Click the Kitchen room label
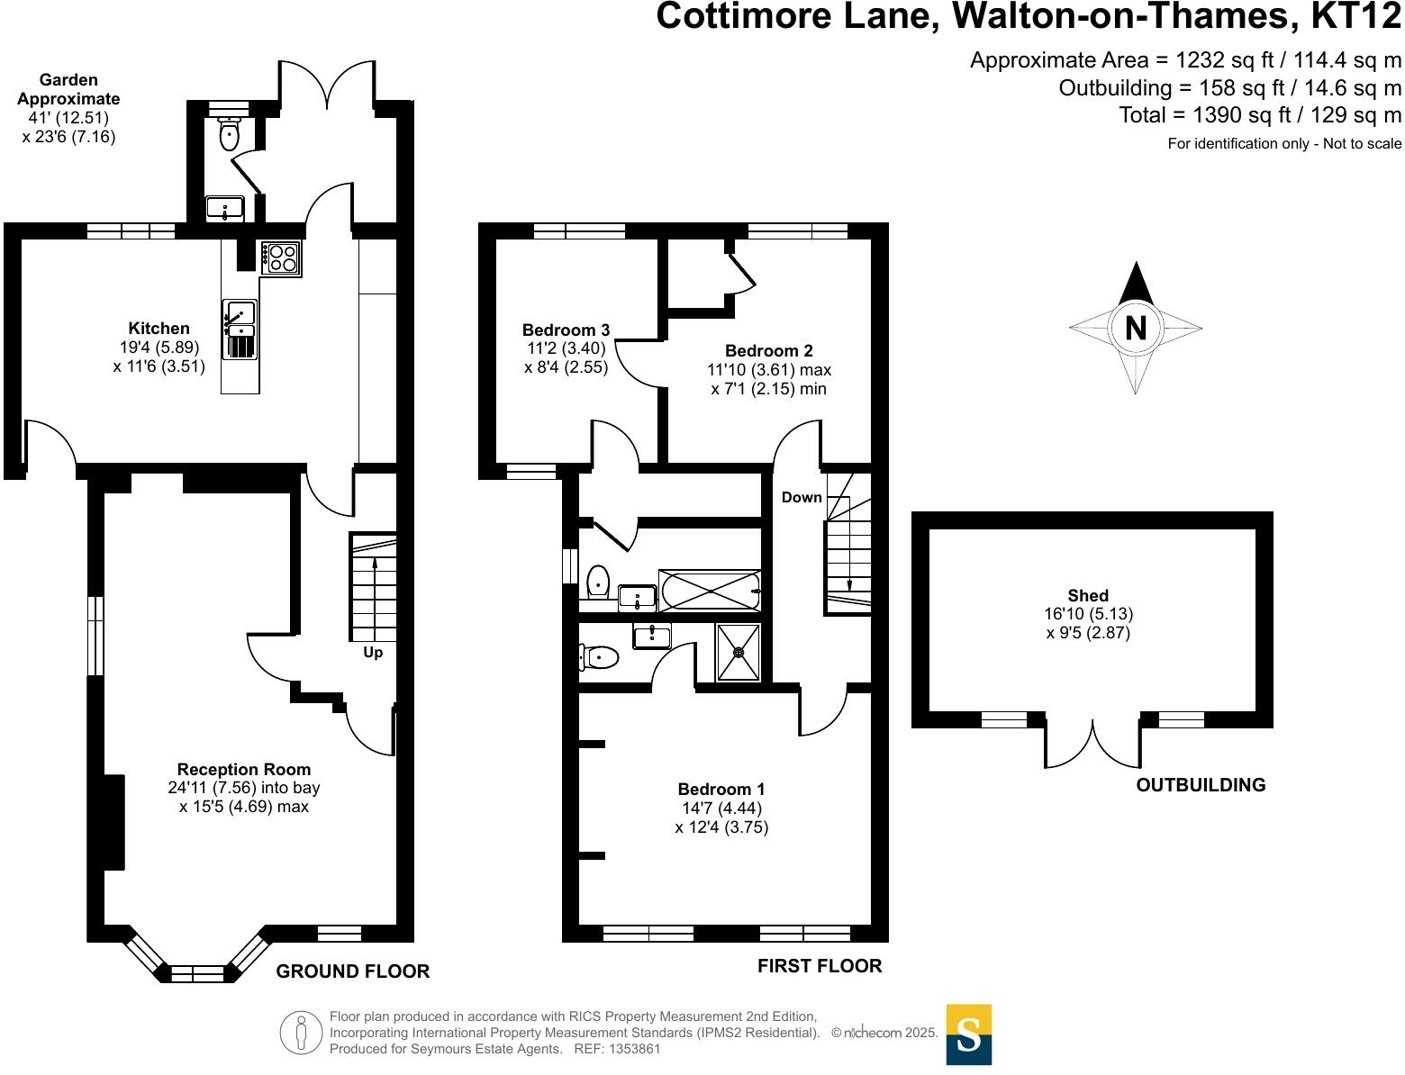[159, 329]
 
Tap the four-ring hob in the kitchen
[281, 257]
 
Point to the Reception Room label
[244, 770]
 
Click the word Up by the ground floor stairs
[373, 653]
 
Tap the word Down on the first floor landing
[802, 498]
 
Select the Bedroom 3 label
[567, 330]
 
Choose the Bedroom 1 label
[721, 790]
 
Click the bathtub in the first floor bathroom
[710, 591]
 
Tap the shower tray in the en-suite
[739, 652]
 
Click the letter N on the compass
[1136, 328]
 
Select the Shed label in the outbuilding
[1088, 596]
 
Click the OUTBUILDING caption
[1201, 785]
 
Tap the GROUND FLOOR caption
[353, 971]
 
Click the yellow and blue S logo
[969, 1034]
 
